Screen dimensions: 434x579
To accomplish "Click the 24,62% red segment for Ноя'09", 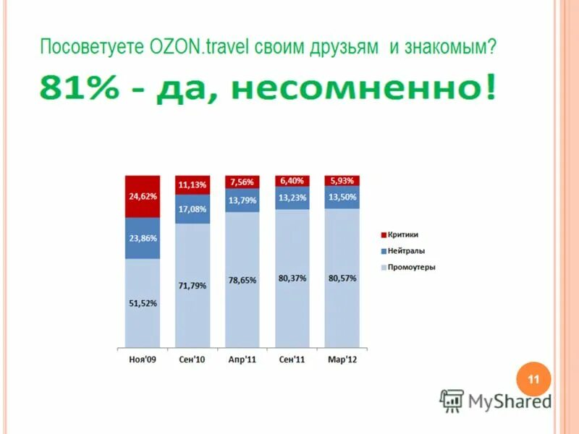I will click(x=143, y=196).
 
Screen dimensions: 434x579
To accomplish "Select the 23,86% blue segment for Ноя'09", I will click(x=143, y=238).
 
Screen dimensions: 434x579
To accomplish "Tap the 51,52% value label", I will click(x=143, y=304).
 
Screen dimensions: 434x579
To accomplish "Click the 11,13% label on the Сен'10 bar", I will click(x=192, y=185).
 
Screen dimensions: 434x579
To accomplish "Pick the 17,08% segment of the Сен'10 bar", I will click(x=192, y=209).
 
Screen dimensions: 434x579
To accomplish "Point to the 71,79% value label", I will click(x=192, y=286).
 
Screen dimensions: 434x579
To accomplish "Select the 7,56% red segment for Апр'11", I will click(x=242, y=182).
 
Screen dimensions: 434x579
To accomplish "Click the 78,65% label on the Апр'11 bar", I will click(x=242, y=280).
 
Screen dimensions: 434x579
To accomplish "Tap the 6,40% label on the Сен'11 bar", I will click(x=292, y=181).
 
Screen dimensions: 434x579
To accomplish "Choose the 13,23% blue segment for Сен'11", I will click(x=292, y=197).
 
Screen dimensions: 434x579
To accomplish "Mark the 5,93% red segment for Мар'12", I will click(x=342, y=181).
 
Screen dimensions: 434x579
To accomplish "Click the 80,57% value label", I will click(x=342, y=278).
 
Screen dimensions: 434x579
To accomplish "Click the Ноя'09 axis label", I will click(x=142, y=359).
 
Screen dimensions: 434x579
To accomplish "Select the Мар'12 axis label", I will click(x=342, y=359).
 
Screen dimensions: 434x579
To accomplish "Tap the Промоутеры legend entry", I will click(x=410, y=268).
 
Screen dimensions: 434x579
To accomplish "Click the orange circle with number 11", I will click(x=533, y=379).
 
